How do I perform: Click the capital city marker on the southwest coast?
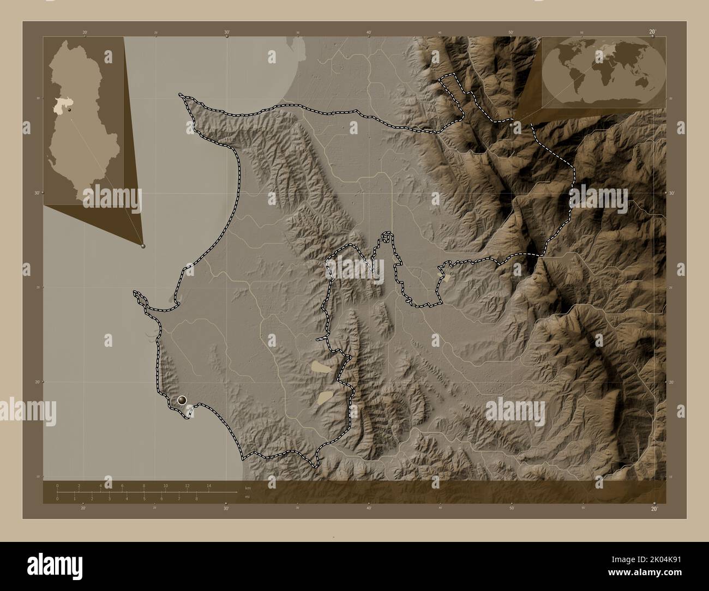[x=182, y=400]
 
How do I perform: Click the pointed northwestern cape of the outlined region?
[x=181, y=96]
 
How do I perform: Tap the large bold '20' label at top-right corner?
[x=652, y=32]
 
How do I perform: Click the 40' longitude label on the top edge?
[x=369, y=33]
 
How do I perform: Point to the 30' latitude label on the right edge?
[x=672, y=193]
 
